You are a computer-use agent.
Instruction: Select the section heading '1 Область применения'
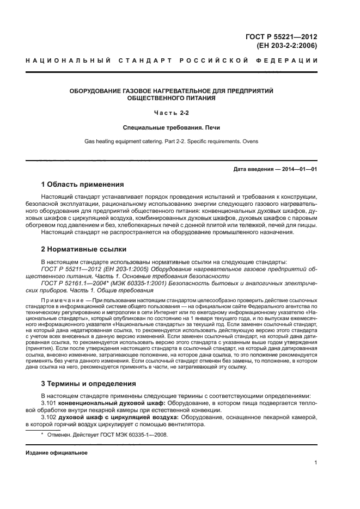point(82,184)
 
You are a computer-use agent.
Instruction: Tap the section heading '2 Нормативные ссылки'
point(84,249)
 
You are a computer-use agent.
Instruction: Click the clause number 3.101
point(49,403)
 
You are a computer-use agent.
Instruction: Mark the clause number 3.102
point(49,417)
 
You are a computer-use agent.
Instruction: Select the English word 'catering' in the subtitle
point(144,141)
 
